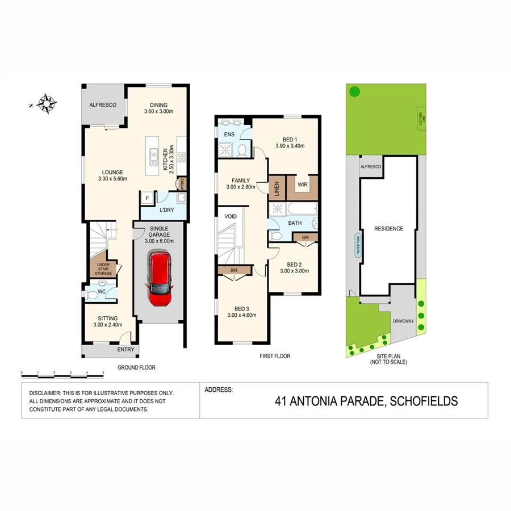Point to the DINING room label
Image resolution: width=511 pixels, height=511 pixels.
pos(158,105)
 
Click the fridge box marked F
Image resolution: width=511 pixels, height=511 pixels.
pos(148,198)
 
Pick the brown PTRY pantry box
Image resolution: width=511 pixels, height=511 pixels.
pos(182,184)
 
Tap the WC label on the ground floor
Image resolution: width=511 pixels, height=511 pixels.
pos(102,292)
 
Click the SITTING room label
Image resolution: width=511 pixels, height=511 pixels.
pos(107,319)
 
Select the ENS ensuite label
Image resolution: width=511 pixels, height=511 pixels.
pos(229,135)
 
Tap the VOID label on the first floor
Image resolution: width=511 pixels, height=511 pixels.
pos(231,216)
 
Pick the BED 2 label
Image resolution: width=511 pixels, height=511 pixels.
pos(294,264)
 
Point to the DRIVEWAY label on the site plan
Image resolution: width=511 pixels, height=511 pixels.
pos(404,321)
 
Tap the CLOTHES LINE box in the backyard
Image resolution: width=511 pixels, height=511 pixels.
pos(421,119)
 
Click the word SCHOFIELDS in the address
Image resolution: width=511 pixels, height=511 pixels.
pos(421,401)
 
